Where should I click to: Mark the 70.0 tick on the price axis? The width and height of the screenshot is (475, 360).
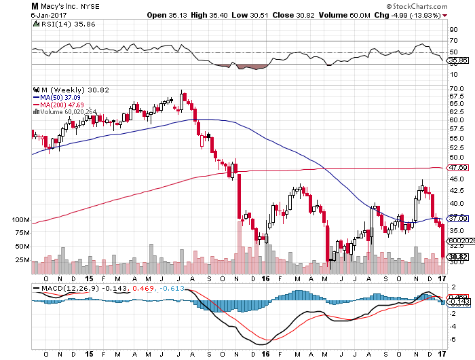457,90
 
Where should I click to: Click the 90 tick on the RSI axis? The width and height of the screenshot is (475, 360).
453,30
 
